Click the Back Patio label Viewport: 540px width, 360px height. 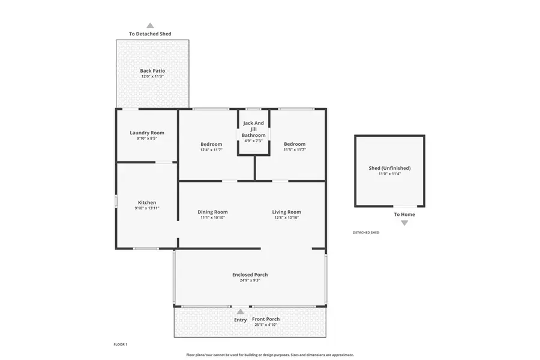[152, 71]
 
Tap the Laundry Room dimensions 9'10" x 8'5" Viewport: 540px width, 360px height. [147, 139]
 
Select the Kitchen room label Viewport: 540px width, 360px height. [147, 203]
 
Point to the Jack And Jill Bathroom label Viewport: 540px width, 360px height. [254, 129]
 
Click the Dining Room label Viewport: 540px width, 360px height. [212, 212]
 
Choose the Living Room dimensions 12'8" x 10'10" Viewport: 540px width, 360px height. [286, 218]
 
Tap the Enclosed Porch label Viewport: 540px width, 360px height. [250, 275]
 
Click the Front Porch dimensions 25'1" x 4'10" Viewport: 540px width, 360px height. [265, 325]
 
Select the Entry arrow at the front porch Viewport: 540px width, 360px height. [241, 311]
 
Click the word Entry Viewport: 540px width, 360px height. [241, 320]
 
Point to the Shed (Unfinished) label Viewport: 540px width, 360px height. [389, 168]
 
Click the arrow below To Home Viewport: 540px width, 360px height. [404, 223]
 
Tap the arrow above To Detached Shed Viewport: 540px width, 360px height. [150, 26]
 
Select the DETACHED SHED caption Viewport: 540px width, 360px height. [365, 232]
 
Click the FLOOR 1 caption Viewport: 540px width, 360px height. [121, 344]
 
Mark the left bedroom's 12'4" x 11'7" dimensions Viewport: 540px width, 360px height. [211, 150]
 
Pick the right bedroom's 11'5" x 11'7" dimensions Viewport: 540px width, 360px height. [295, 150]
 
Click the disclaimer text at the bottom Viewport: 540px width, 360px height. [270, 355]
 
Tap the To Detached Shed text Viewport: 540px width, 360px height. [150, 34]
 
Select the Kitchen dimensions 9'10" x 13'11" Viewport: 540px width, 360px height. [147, 208]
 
